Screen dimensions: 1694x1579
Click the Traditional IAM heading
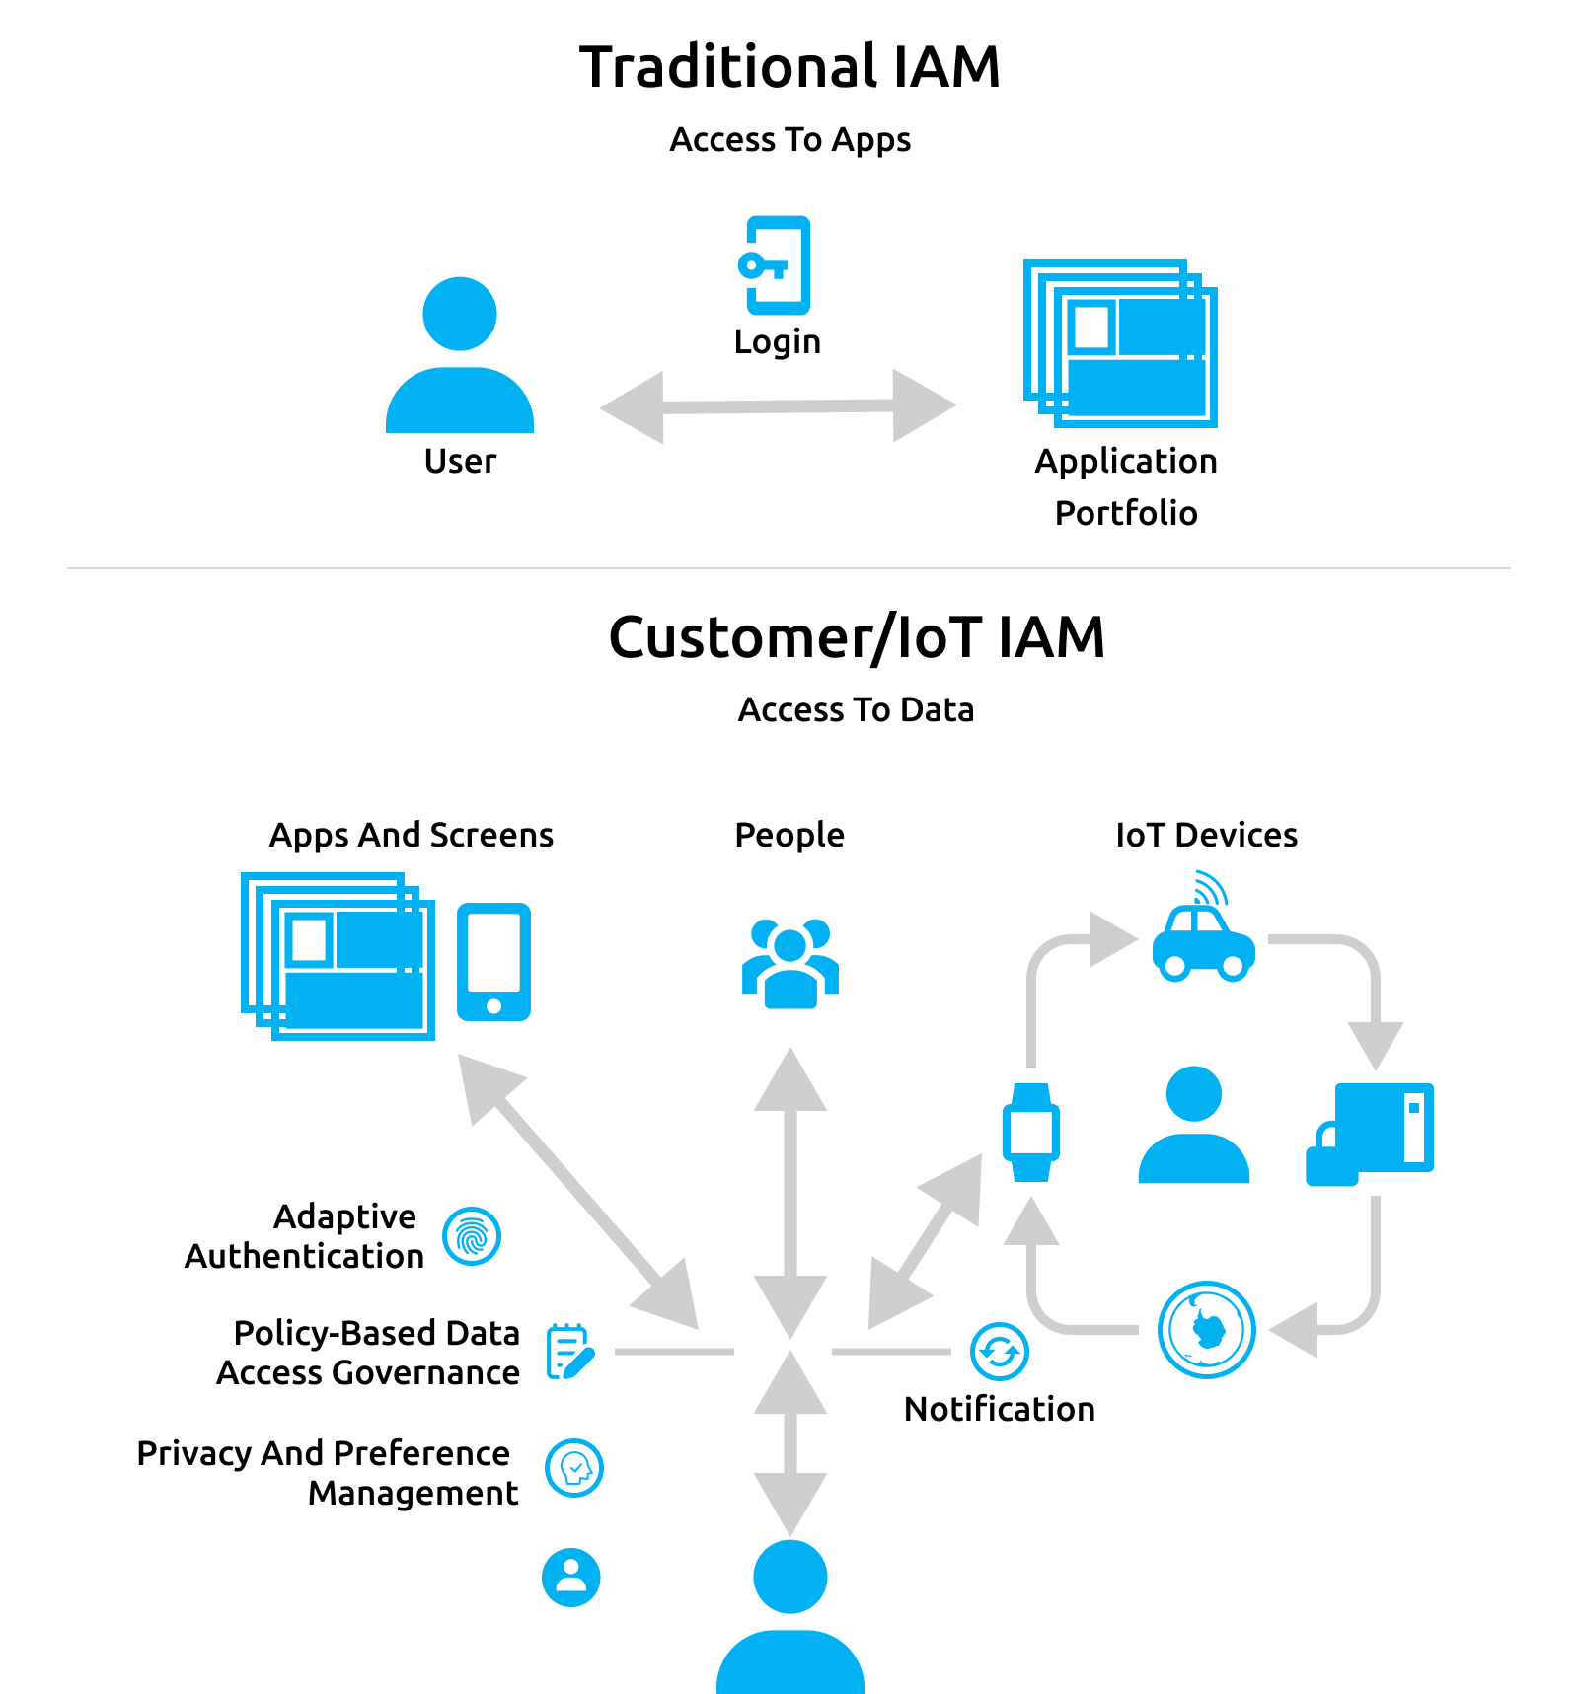click(789, 67)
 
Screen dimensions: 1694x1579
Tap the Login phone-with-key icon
click(776, 264)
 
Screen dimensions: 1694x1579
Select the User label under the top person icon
click(460, 461)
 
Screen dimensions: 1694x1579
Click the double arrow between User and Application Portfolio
click(778, 406)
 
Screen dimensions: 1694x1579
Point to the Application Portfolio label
click(1125, 486)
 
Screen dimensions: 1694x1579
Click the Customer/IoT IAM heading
click(857, 637)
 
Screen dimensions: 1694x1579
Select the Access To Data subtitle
click(856, 709)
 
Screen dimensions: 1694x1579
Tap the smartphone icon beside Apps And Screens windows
click(493, 961)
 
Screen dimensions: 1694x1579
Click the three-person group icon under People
click(789, 963)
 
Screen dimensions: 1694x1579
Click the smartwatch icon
click(1031, 1132)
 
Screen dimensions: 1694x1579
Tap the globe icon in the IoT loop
click(1206, 1329)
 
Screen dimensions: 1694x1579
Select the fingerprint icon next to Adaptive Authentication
click(472, 1236)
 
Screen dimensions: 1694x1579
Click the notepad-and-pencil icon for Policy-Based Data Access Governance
click(570, 1352)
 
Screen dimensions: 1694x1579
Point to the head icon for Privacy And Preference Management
click(574, 1468)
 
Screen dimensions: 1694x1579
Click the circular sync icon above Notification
click(999, 1351)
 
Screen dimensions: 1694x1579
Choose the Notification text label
click(999, 1409)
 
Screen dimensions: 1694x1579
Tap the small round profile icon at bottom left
click(570, 1577)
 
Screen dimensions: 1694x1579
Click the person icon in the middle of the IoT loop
click(1193, 1125)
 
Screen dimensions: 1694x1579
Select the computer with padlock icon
click(1370, 1133)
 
